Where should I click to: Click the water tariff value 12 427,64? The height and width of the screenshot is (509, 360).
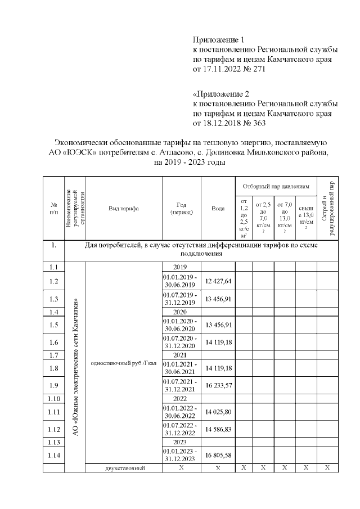(218, 281)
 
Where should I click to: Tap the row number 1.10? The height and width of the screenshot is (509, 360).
(54, 398)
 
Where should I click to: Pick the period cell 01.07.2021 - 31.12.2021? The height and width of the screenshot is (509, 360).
(181, 385)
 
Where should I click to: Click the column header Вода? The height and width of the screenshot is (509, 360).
(218, 208)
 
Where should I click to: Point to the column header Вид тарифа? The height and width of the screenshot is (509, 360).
(123, 208)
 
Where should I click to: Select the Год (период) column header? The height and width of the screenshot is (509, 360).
(181, 208)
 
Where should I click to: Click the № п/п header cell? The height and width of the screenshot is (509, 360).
(54, 208)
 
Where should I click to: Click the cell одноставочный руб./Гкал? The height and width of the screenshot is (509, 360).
(123, 362)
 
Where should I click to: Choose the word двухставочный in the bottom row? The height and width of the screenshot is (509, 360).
(123, 469)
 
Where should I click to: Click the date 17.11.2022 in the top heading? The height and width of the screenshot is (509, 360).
(223, 69)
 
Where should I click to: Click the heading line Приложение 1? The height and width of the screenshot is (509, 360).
(219, 40)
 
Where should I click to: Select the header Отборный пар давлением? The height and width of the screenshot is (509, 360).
(276, 185)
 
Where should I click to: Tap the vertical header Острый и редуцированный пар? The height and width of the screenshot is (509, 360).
(327, 208)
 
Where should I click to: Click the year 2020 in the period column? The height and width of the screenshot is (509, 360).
(181, 312)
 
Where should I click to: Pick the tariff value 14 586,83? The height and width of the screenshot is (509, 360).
(218, 429)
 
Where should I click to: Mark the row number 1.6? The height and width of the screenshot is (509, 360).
(54, 342)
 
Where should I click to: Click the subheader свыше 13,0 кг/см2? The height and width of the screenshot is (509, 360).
(306, 218)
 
